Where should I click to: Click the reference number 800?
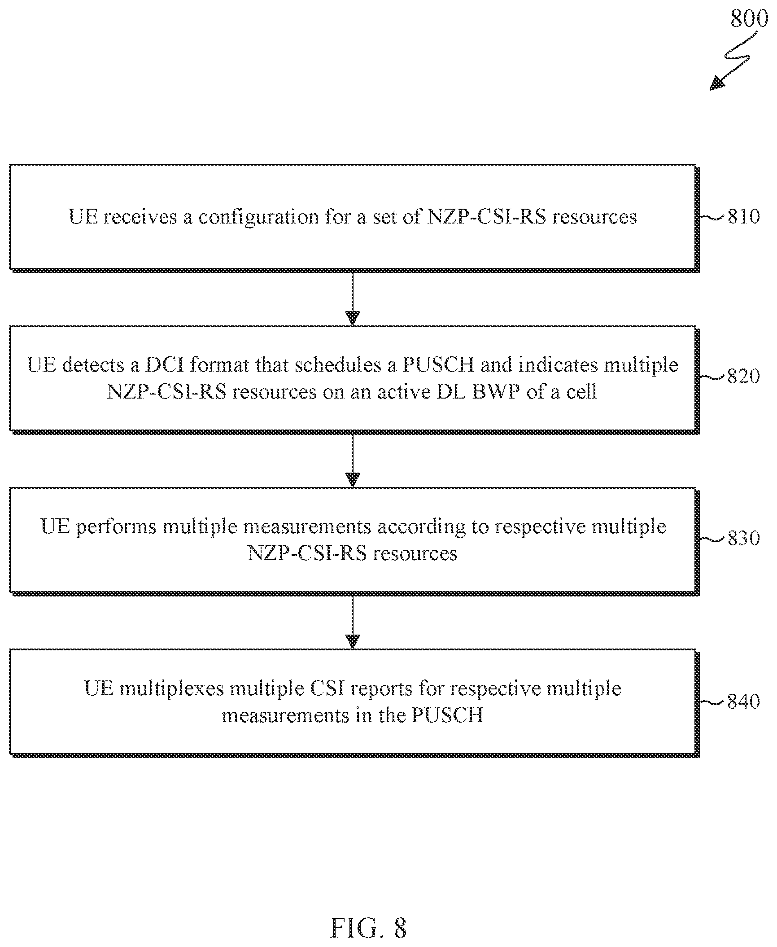(749, 19)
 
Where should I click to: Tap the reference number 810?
(744, 217)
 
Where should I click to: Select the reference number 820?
(744, 376)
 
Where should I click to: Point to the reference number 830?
(744, 538)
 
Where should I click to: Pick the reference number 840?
(744, 701)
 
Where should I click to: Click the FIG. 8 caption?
(369, 928)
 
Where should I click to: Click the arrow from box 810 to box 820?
(353, 298)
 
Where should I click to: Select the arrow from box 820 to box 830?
(353, 460)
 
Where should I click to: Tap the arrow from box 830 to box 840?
(353, 621)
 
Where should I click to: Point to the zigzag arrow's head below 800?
(716, 83)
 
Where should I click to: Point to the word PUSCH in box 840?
(447, 715)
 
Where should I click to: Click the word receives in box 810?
(141, 218)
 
